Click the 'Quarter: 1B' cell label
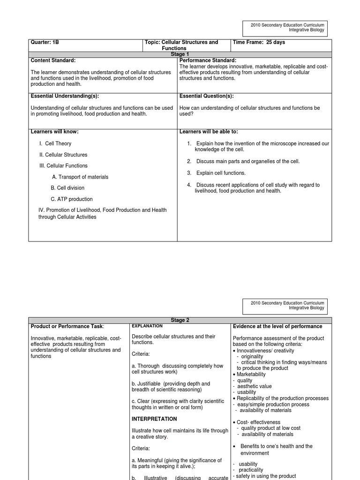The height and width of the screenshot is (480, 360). tap(45, 42)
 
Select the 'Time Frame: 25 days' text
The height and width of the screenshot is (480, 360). tap(259, 42)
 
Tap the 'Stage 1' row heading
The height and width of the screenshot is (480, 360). tap(180, 54)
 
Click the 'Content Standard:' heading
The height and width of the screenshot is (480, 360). tap(53, 60)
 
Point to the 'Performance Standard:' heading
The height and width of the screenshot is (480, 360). tap(208, 60)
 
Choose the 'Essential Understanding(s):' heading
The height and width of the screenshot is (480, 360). tap(64, 96)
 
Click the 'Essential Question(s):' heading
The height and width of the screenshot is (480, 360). tap(206, 96)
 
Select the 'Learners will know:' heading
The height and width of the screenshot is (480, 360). tap(54, 132)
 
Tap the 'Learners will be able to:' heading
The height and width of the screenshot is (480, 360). tap(209, 132)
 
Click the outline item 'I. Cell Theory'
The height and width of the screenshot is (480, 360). tap(55, 143)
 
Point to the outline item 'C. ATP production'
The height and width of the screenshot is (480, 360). tap(72, 199)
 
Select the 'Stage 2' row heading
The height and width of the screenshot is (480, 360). tap(180, 320)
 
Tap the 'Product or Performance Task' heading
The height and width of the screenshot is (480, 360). tap(67, 326)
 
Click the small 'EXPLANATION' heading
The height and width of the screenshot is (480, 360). tap(147, 326)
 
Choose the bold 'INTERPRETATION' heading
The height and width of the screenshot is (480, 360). tap(154, 419)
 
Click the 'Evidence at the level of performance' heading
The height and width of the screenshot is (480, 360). tap(277, 326)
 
